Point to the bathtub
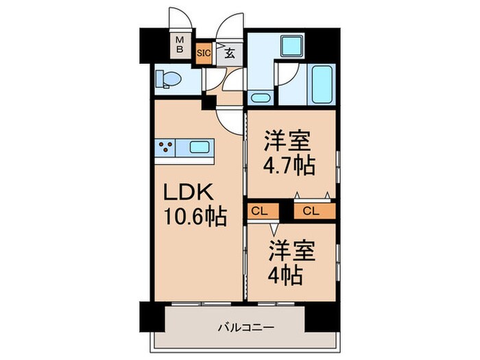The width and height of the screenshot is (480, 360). pyautogui.click(x=321, y=84)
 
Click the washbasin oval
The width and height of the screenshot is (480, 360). pyautogui.click(x=260, y=96)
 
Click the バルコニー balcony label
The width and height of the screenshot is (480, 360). pyautogui.click(x=247, y=328)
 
